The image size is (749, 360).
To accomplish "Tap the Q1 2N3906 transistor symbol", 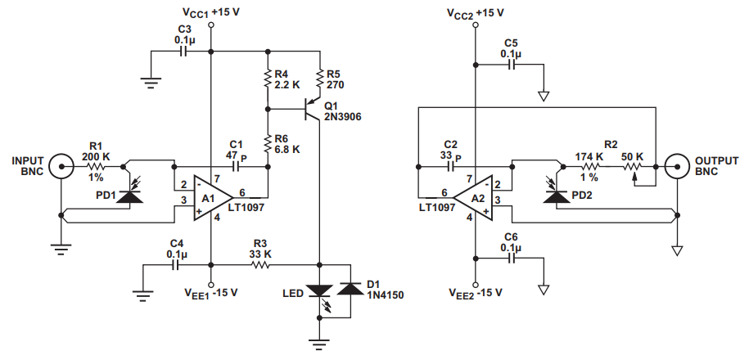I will point(312,109).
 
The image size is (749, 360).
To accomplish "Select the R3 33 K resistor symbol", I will point(260,264).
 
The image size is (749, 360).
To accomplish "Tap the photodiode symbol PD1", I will point(129,195).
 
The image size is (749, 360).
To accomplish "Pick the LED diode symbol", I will point(318,291).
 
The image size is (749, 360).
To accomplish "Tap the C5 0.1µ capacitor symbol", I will point(512,62).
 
